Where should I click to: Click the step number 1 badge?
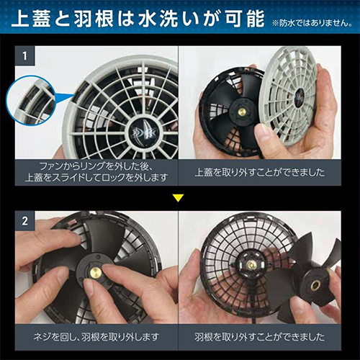pyautogui.click(x=25, y=56)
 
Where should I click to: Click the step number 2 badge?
pyautogui.click(x=25, y=221)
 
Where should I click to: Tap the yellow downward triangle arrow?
pyautogui.click(x=178, y=198)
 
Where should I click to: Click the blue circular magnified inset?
pyautogui.click(x=31, y=100)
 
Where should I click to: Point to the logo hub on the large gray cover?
pyautogui.click(x=142, y=132)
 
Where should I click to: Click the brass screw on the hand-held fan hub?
pyautogui.click(x=242, y=112)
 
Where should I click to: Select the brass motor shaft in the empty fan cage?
pyautogui.click(x=251, y=265)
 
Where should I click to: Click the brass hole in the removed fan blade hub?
pyautogui.click(x=315, y=285)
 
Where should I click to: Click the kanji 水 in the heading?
pyautogui.click(x=148, y=19)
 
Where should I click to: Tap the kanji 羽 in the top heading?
pyautogui.click(x=83, y=19)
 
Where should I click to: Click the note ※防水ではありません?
pyautogui.click(x=312, y=23)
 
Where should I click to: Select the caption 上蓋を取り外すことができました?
pyautogui.click(x=259, y=172)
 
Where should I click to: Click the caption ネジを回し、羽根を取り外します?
pyautogui.click(x=96, y=337)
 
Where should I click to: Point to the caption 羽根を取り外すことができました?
pyautogui.click(x=259, y=337)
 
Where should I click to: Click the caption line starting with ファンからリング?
pyautogui.click(x=96, y=166)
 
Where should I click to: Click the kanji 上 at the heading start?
pyautogui.click(x=21, y=19)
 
